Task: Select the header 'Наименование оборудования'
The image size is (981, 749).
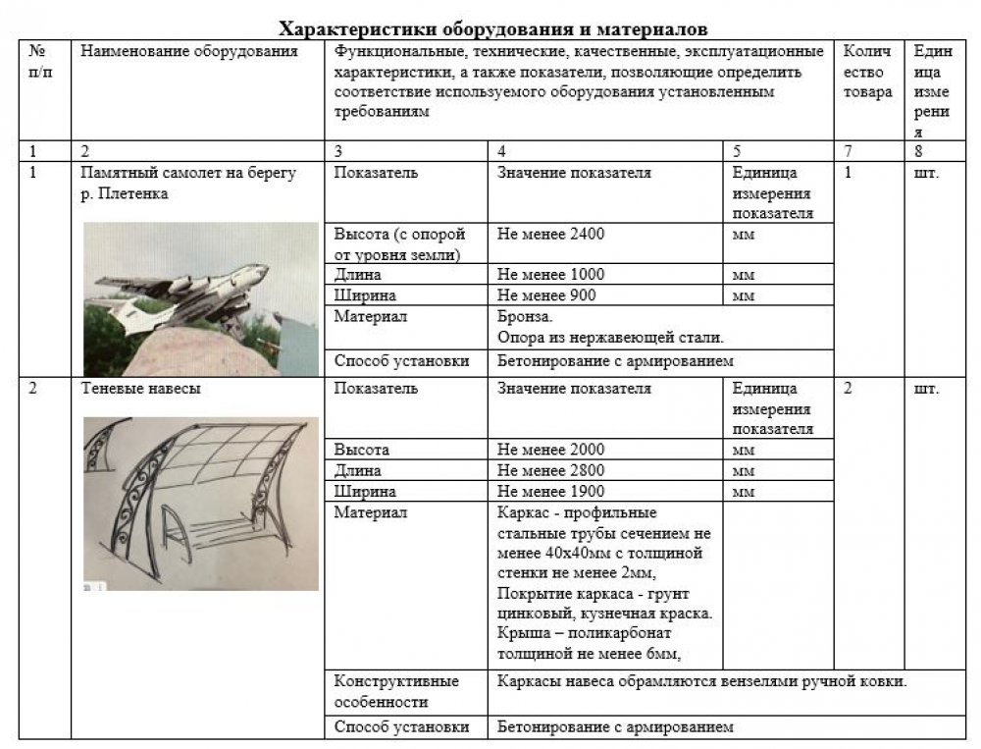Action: [189, 51]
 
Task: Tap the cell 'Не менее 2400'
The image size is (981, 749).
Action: [551, 235]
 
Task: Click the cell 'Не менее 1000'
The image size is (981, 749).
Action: [551, 274]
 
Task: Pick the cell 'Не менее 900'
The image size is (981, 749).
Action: [547, 294]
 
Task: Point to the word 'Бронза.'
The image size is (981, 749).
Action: [526, 317]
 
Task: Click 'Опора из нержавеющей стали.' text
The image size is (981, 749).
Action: [610, 338]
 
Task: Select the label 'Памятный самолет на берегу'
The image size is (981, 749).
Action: [187, 174]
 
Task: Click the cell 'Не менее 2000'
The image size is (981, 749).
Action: [551, 450]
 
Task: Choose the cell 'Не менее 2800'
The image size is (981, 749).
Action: [551, 470]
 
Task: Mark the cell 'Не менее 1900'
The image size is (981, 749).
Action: [551, 491]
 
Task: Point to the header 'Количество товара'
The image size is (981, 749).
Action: [867, 72]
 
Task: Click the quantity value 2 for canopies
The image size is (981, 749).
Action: [848, 389]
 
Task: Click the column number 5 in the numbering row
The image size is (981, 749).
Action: [738, 152]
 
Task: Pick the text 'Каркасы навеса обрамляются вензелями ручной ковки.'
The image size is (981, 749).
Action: [701, 680]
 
